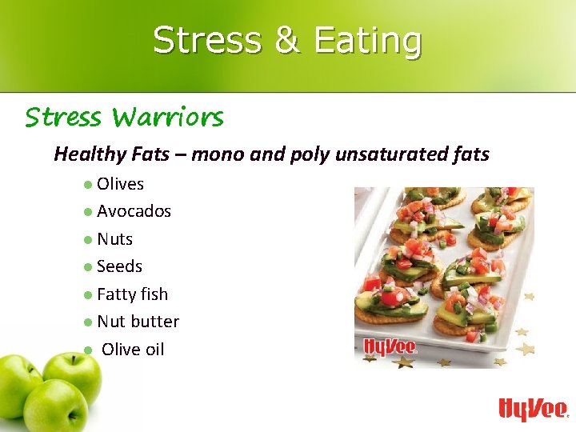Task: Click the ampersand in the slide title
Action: tap(287, 40)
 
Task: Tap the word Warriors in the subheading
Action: tap(168, 118)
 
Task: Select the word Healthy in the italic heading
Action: tap(87, 154)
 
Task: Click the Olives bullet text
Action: tap(120, 184)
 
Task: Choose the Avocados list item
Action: tap(134, 211)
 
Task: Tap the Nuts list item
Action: tap(114, 239)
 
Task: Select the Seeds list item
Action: tap(119, 266)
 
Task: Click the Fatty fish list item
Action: tap(132, 294)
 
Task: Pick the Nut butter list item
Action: tap(138, 322)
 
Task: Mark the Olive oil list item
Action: tap(133, 350)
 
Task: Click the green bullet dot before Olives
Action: tap(86, 185)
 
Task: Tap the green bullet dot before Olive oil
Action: tap(86, 350)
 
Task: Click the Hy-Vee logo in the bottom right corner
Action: tap(532, 409)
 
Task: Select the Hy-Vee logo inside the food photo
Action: tap(390, 346)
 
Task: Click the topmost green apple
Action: tap(72, 370)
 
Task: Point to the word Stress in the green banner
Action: tap(206, 40)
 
